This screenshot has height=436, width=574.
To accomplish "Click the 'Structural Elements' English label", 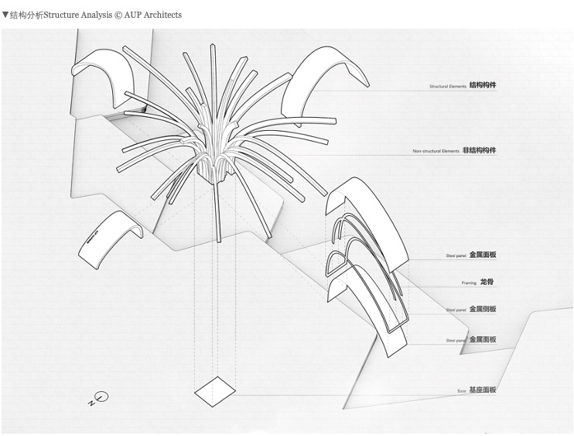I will [448, 87].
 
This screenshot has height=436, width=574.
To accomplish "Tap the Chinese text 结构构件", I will [483, 85].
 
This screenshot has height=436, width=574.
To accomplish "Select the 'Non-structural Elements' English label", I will [436, 151].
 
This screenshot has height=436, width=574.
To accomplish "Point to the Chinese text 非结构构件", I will [480, 150].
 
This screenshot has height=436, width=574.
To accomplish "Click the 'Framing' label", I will [470, 283].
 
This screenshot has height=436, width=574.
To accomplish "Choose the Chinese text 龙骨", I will [487, 282].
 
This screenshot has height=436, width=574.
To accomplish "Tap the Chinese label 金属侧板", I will [483, 309].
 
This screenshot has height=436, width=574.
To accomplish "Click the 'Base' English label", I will [462, 391].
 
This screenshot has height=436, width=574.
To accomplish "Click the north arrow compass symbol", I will [99, 399].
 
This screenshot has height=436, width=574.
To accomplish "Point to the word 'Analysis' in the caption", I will [98, 15].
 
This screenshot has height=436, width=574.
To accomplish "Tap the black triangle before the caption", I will [5, 15].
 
